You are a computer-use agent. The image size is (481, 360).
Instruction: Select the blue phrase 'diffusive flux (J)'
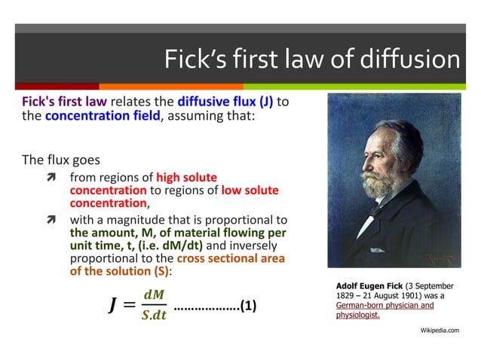pyautogui.click(x=225, y=102)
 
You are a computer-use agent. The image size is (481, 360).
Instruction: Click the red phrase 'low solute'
pyautogui.click(x=250, y=191)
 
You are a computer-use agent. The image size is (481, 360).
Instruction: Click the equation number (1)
pyautogui.click(x=248, y=306)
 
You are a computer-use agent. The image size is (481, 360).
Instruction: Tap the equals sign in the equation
pyautogui.click(x=130, y=306)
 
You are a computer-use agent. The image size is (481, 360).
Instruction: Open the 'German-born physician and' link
pyautogui.click(x=384, y=306)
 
